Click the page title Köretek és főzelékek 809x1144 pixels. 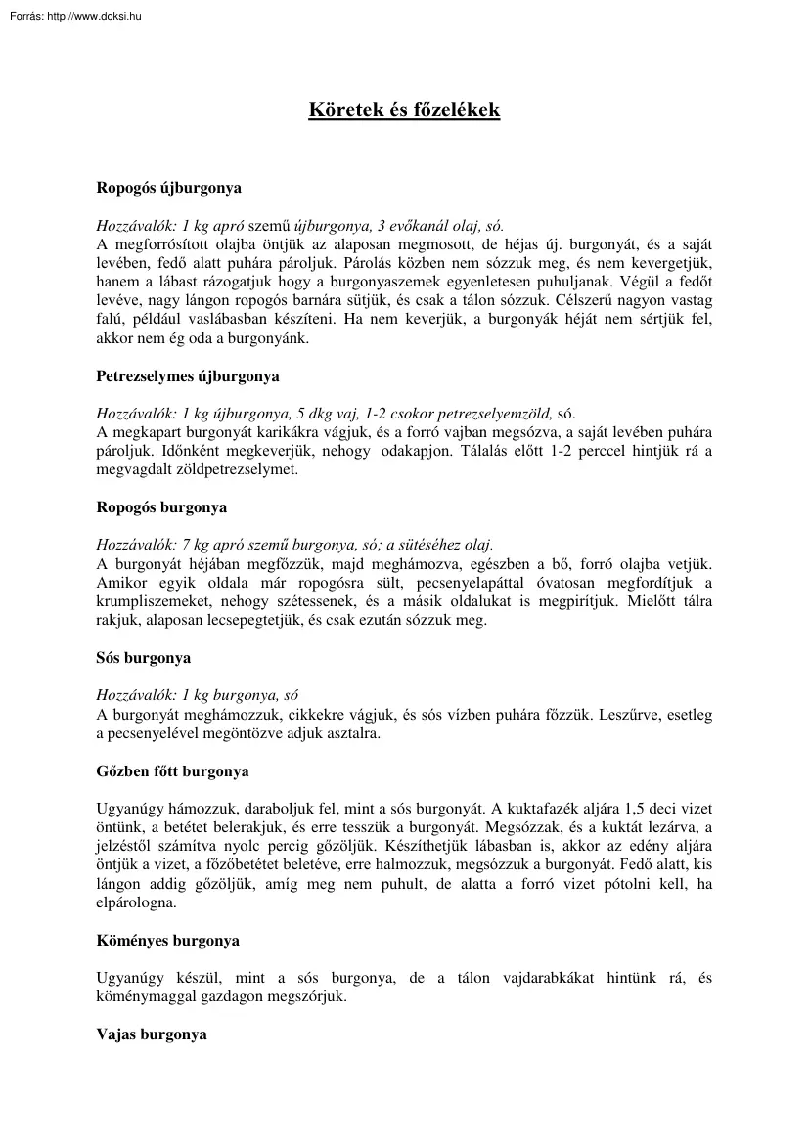(404, 110)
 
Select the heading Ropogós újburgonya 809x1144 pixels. (168, 186)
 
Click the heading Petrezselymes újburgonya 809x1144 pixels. (188, 375)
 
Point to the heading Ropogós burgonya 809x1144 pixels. (161, 507)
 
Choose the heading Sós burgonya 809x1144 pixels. (144, 657)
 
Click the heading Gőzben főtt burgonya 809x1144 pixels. (172, 771)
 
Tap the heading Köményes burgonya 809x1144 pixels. (167, 941)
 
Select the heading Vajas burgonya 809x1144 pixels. (152, 1034)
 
